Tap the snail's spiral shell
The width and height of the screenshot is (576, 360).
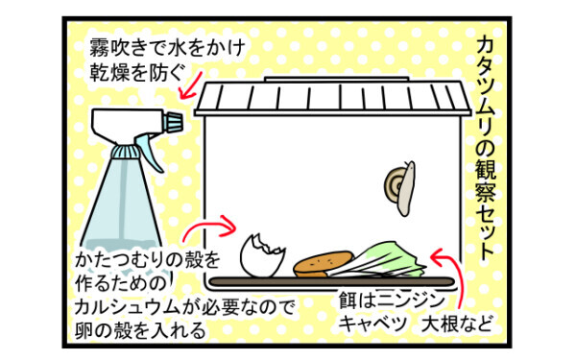pos(393,182)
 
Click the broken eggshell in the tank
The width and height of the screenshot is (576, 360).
pos(262,255)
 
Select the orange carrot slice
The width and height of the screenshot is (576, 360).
pos(324,264)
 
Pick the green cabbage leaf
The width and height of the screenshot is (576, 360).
pos(378,260)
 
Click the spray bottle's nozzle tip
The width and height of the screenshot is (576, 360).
pos(174,122)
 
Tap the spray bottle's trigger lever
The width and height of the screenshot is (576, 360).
pos(150,152)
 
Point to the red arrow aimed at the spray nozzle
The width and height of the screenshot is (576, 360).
pos(192,85)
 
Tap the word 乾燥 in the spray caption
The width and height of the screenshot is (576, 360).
pos(108,72)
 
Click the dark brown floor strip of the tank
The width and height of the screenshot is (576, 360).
pos(331,281)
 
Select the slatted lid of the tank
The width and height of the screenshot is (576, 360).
pos(333,96)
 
